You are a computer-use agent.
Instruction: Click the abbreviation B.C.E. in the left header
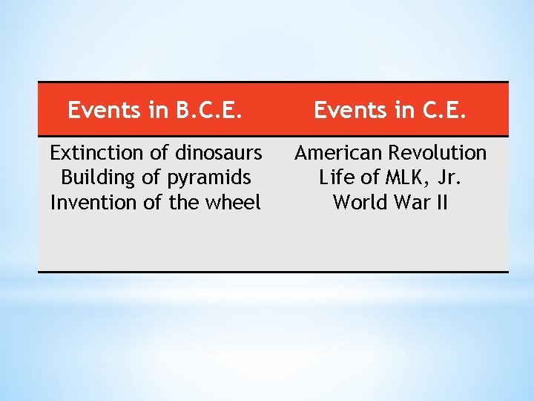[x=210, y=110]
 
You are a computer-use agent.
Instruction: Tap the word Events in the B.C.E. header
[x=104, y=110]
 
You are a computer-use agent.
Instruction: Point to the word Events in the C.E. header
[x=350, y=110]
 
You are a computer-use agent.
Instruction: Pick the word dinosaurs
[x=218, y=153]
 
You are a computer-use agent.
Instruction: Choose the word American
[x=338, y=153]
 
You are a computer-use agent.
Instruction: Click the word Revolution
[x=438, y=153]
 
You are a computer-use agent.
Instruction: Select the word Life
[x=336, y=177]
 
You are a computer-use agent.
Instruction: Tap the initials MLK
[x=401, y=177]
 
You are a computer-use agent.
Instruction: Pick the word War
[x=410, y=202]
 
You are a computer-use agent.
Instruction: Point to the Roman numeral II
[x=442, y=202]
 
